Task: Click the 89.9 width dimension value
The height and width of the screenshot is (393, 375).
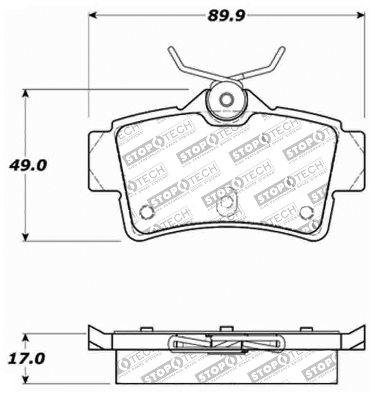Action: coord(227,16)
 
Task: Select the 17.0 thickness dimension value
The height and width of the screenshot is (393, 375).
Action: coord(27,359)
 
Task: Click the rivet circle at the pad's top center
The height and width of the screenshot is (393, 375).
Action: coord(227,100)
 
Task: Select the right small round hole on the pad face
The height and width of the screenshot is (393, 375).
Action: coord(305,212)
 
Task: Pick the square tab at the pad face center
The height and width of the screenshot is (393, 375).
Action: coord(226,202)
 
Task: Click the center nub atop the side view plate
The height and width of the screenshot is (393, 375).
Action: coord(226,329)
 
